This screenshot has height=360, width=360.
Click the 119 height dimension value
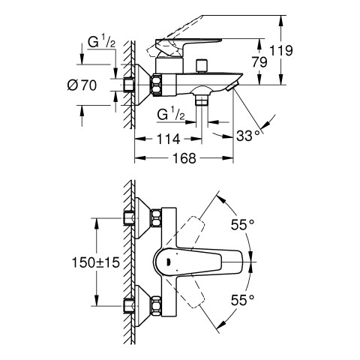[280, 51]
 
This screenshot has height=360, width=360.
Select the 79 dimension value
[259, 62]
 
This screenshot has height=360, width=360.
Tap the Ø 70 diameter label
[82, 85]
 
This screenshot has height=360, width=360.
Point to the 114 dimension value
[169, 139]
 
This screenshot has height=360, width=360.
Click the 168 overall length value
[184, 158]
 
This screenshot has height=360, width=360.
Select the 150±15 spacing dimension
[96, 262]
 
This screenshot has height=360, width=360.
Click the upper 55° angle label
[242, 224]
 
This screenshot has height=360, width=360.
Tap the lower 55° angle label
[242, 300]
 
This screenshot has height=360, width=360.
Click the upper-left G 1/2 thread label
[101, 42]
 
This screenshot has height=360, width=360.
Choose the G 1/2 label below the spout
[171, 115]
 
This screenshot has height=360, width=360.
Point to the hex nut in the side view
[156, 85]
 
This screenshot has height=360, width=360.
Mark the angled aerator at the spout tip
[232, 86]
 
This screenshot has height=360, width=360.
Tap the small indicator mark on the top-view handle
[168, 262]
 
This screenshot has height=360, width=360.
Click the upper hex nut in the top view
[156, 218]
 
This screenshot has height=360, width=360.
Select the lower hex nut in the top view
[156, 304]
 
